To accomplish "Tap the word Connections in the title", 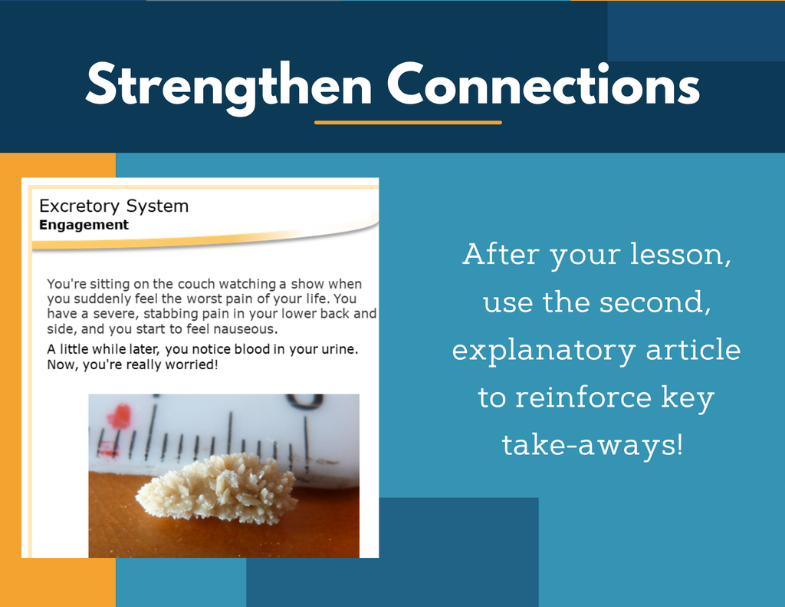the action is pyautogui.click(x=544, y=84).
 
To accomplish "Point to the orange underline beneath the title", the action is pyautogui.click(x=408, y=122).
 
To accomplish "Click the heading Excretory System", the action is pyautogui.click(x=113, y=206).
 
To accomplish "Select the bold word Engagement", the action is pyautogui.click(x=84, y=225).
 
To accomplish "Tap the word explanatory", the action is pyautogui.click(x=544, y=351).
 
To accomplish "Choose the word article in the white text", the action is pyautogui.click(x=693, y=349).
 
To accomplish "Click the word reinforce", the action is pyautogui.click(x=583, y=397).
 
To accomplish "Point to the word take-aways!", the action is pyautogui.click(x=593, y=444).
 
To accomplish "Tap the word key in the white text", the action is pyautogui.click(x=688, y=398).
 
